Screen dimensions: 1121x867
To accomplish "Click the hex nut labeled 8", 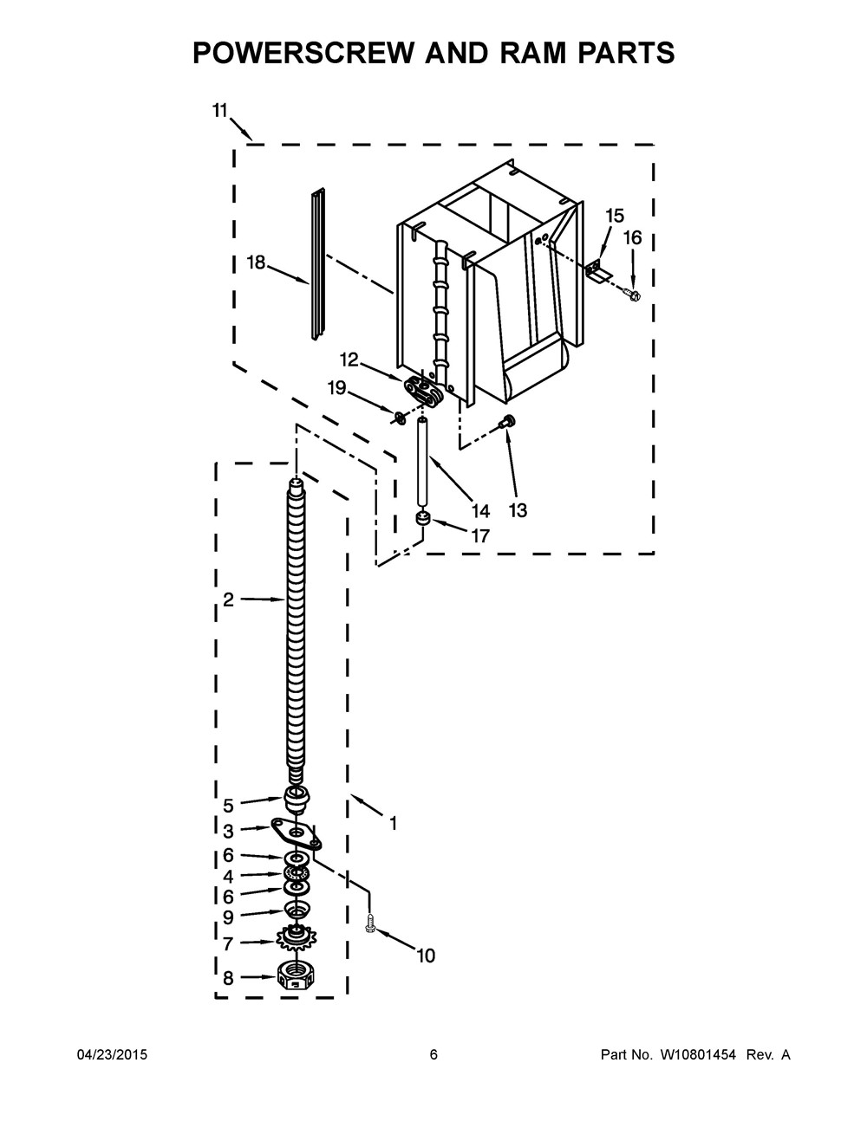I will (296, 976).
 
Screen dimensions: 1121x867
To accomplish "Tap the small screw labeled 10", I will (371, 924).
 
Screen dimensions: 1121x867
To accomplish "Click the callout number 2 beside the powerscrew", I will (228, 599).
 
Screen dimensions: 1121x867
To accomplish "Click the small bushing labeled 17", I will (422, 519).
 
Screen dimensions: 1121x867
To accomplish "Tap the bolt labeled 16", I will (633, 296).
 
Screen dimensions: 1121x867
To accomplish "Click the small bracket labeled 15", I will (598, 272).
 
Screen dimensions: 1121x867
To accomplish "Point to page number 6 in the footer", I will (433, 1055).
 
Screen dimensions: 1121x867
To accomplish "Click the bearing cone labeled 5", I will (297, 795).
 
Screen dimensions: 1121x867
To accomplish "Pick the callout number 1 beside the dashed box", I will (393, 824).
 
